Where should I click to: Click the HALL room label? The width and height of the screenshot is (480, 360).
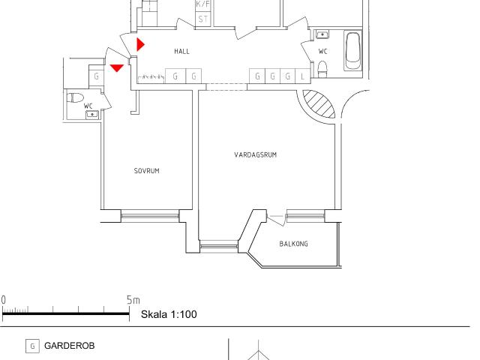click(181, 52)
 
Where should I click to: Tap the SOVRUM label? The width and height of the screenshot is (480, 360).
click(146, 170)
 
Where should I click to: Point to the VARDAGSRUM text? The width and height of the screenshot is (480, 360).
click(256, 155)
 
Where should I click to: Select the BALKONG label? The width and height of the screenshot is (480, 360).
click(293, 244)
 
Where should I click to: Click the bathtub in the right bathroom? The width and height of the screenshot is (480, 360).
click(353, 51)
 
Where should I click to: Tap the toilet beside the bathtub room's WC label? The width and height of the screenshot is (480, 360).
click(323, 70)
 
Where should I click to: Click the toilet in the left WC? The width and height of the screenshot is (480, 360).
click(76, 97)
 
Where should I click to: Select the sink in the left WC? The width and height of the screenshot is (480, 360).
click(91, 114)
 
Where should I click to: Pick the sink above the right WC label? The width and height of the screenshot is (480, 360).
click(322, 34)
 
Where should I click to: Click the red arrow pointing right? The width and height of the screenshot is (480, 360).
click(140, 43)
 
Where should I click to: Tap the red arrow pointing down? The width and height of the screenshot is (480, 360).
click(116, 68)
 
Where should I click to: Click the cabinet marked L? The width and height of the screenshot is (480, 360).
click(301, 76)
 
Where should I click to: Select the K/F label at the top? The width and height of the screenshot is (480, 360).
click(202, 4)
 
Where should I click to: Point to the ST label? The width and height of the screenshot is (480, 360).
click(202, 18)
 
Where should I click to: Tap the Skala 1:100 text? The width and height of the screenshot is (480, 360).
click(169, 314)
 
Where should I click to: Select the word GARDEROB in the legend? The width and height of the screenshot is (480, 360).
click(69, 346)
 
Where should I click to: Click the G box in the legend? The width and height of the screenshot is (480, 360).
click(32, 346)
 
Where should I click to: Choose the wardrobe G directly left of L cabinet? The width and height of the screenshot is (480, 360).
click(287, 76)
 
